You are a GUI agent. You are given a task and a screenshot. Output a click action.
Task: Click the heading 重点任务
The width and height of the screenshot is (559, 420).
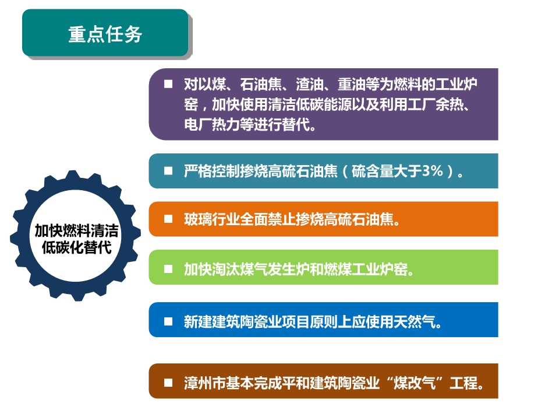[105, 34]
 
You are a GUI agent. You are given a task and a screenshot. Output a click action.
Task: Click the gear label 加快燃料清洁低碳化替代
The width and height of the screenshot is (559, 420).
[76, 239]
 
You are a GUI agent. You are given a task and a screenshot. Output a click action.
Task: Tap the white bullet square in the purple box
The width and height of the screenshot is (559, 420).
[168, 84]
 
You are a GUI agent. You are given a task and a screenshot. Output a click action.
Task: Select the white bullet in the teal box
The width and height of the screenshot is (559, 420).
[168, 171]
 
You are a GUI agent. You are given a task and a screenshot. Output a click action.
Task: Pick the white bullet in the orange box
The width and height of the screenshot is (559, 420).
[168, 219]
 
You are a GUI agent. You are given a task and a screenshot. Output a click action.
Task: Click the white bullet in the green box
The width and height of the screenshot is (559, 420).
[168, 269]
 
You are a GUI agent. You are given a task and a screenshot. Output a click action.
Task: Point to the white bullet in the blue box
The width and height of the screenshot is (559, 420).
[168, 321]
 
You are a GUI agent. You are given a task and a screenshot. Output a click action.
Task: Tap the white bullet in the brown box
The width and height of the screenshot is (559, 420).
[168, 383]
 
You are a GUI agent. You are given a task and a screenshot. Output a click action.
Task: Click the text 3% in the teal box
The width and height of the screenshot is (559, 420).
[433, 171]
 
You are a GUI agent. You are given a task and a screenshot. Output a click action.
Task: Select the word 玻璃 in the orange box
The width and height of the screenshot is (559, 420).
[198, 219]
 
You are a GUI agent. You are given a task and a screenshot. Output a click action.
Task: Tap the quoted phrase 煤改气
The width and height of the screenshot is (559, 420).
[414, 383]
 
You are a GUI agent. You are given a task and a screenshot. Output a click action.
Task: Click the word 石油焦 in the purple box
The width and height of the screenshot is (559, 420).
[261, 84]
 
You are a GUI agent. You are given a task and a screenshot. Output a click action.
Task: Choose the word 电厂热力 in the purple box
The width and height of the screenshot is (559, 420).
[212, 125]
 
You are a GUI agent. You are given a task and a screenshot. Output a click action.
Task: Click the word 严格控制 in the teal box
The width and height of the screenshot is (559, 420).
[212, 171]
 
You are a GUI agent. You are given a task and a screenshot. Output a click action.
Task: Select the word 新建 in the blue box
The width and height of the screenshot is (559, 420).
[198, 322]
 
